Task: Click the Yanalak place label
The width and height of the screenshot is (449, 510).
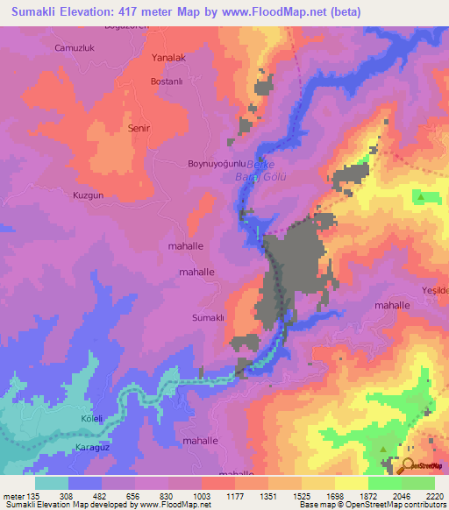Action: (x=168, y=58)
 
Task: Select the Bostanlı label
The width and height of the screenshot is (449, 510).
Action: (x=166, y=81)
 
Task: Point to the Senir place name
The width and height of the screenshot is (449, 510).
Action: (x=139, y=128)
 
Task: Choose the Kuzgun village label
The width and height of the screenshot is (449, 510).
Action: (x=89, y=195)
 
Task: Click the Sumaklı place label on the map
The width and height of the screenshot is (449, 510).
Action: (x=210, y=317)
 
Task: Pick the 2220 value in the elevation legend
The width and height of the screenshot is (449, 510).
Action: (x=433, y=496)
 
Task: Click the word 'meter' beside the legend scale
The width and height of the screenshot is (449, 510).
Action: (x=13, y=496)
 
